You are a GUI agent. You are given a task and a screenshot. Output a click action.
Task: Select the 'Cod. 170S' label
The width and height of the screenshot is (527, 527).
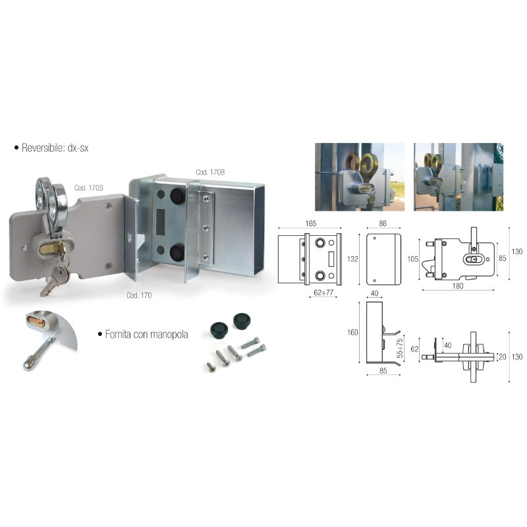(88, 188)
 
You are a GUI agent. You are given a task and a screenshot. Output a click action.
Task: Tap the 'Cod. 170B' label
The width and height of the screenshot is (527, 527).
(210, 173)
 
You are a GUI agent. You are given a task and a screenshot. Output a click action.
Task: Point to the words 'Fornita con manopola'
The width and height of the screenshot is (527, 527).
(146, 334)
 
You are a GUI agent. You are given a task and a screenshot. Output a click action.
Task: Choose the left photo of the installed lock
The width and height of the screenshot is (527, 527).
(360, 177)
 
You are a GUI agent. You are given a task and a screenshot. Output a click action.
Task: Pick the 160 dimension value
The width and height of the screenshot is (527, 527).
(353, 333)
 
